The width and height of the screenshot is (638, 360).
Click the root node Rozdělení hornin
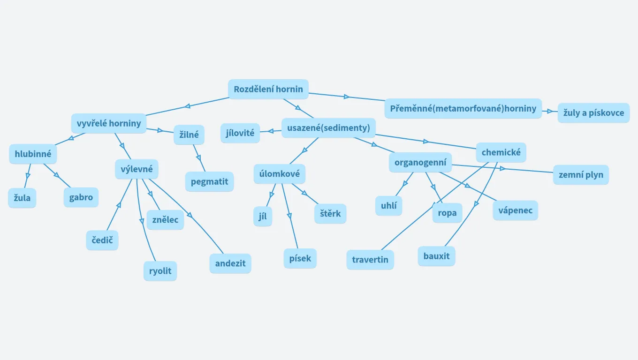tap(268, 89)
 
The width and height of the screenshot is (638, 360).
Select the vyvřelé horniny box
tap(109, 124)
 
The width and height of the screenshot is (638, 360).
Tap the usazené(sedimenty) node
tap(328, 128)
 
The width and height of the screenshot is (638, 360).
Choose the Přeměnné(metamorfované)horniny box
tap(463, 109)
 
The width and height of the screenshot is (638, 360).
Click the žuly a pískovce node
tap(593, 113)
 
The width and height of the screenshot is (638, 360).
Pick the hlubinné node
tap(33, 154)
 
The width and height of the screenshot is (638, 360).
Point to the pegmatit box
tap(209, 182)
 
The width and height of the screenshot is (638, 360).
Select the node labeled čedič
tap(102, 240)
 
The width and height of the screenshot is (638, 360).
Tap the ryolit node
tap(160, 271)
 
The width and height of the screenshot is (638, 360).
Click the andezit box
tap(230, 263)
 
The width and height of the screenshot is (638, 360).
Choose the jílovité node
tap(240, 133)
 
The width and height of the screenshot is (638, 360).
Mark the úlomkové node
tap(280, 174)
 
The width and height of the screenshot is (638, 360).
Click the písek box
tap(300, 259)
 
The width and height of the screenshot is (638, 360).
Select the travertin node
tap(370, 260)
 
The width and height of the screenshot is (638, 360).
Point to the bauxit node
tap(436, 256)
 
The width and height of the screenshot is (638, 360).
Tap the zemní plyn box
tap(581, 175)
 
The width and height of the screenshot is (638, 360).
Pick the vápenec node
tap(515, 210)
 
